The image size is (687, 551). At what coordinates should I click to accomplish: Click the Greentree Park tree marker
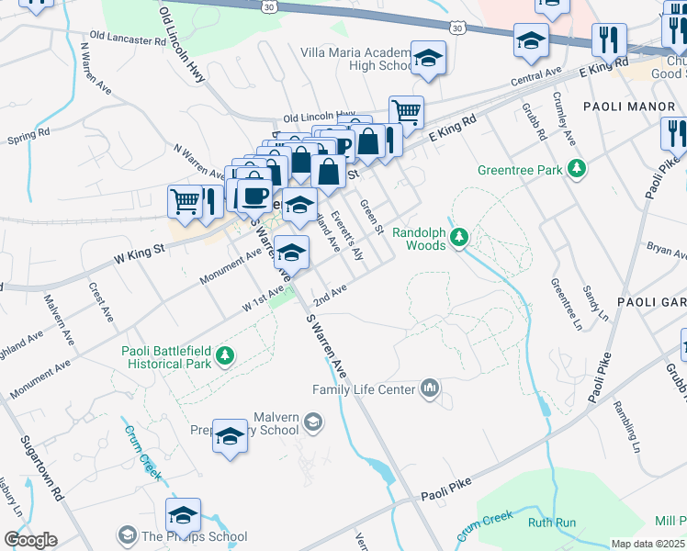point(577,169)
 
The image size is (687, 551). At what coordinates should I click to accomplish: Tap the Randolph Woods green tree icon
point(458,239)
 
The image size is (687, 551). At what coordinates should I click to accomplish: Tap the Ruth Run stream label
point(551,523)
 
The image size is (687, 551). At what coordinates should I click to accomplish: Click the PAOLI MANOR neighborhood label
point(638,107)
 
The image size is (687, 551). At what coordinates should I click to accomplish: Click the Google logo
point(29,539)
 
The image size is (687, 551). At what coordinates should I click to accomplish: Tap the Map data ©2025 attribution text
point(648,544)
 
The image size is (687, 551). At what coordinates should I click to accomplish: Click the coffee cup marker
point(254,196)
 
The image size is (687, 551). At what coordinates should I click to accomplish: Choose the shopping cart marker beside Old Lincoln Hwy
point(405,112)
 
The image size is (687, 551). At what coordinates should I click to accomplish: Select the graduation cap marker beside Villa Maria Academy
point(427,60)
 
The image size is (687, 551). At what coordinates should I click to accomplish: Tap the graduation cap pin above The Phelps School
point(184,514)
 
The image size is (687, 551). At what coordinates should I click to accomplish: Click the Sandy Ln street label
point(596,302)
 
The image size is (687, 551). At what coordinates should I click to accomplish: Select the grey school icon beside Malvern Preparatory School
point(313,422)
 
